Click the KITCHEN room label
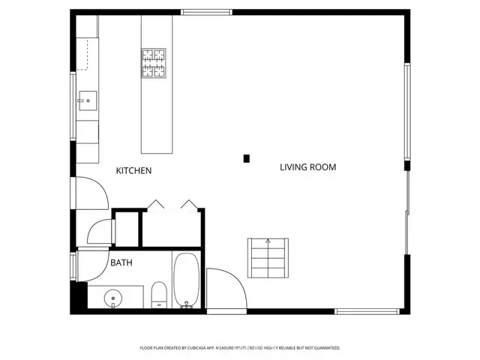(133, 171)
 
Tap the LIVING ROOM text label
(307, 167)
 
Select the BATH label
(121, 263)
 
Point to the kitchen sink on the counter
(86, 100)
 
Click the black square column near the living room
(246, 158)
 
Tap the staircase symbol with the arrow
(268, 257)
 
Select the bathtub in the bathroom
(185, 281)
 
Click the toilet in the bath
(159, 294)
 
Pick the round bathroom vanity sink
(113, 298)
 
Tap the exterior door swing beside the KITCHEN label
(88, 193)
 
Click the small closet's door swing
(100, 232)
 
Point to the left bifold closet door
(156, 205)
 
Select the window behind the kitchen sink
(73, 105)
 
